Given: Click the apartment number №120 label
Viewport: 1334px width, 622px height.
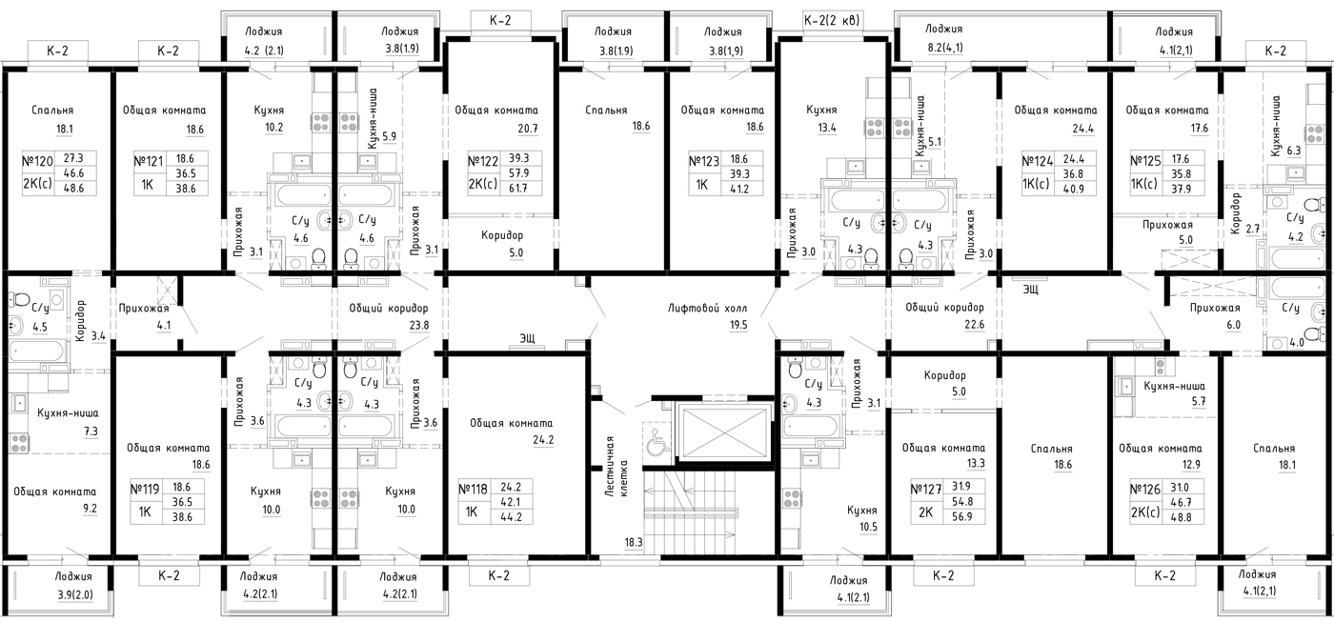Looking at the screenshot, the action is [37, 161].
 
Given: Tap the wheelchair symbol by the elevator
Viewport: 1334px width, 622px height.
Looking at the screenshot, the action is [657, 441].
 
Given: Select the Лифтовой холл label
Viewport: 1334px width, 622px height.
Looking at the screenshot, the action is [707, 309].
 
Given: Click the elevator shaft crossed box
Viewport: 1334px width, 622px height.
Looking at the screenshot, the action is [724, 434].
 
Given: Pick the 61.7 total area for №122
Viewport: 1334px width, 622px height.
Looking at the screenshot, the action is [518, 188].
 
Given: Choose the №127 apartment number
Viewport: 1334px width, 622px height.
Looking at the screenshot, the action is [926, 490].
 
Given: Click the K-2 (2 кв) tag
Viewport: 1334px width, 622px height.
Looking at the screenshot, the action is [832, 21].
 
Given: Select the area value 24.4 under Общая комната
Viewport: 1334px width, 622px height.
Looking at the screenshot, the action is [1082, 129].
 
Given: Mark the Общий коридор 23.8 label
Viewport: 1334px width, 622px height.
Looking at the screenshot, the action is [389, 316].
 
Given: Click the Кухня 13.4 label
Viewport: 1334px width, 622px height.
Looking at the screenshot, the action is [821, 118].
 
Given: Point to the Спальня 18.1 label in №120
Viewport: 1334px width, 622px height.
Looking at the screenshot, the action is [52, 119].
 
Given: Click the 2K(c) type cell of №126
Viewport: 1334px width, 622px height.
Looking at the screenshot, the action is [1144, 512].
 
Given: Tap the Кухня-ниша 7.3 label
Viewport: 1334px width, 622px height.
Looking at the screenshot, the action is [68, 422].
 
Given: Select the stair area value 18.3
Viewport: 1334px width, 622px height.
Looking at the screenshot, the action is [634, 542].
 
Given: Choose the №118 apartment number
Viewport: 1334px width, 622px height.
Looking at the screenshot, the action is [474, 490].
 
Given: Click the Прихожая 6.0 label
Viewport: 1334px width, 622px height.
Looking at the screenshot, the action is [1215, 316].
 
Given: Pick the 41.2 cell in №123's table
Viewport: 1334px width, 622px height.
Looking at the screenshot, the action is [739, 190].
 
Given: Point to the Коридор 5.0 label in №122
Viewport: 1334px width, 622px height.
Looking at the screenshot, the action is [502, 244].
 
